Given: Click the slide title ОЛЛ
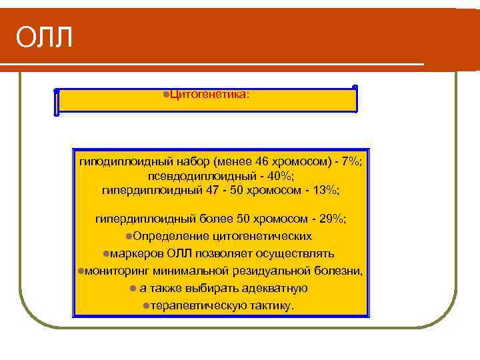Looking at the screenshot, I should pos(44,39).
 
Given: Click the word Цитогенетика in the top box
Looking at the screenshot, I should pos(208,94).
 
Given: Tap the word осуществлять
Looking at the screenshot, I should pos(296,253).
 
